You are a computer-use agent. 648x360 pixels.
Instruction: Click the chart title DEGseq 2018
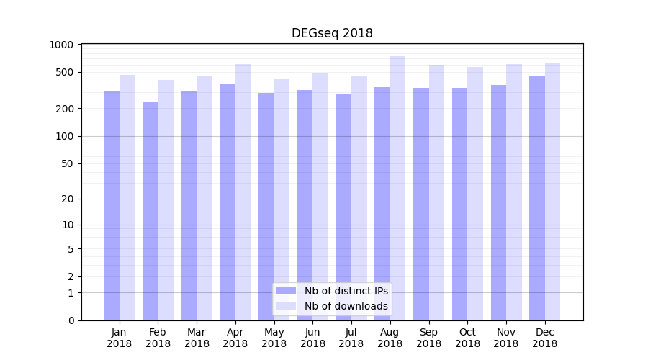coord(332,33)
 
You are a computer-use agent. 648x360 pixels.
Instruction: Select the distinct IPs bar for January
coord(112,205)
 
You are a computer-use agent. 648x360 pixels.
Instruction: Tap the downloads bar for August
coord(397,188)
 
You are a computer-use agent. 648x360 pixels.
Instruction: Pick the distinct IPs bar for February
coord(150,211)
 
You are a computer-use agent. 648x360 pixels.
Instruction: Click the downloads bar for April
coord(243,192)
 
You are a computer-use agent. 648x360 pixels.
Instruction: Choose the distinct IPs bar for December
coord(537,198)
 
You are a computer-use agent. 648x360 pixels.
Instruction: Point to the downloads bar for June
coord(320,197)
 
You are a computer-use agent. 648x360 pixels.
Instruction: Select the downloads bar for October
coord(475,194)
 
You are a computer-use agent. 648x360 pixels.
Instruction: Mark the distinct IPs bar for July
coord(343,207)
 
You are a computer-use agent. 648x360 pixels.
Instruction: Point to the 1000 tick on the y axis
coord(61,45)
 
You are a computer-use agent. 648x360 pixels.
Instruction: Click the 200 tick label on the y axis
coord(64,109)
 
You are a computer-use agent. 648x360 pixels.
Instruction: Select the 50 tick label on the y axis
coord(66,163)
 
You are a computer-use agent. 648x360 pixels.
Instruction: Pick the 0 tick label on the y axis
coord(71,320)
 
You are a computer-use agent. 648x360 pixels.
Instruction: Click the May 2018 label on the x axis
coord(274,338)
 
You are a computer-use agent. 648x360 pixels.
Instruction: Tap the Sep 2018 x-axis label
coord(428,338)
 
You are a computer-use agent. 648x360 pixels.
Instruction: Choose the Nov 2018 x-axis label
coord(506,338)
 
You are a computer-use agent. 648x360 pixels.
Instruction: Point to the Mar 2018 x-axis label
coord(197,338)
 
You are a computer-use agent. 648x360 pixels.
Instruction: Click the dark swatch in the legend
coord(286,291)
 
